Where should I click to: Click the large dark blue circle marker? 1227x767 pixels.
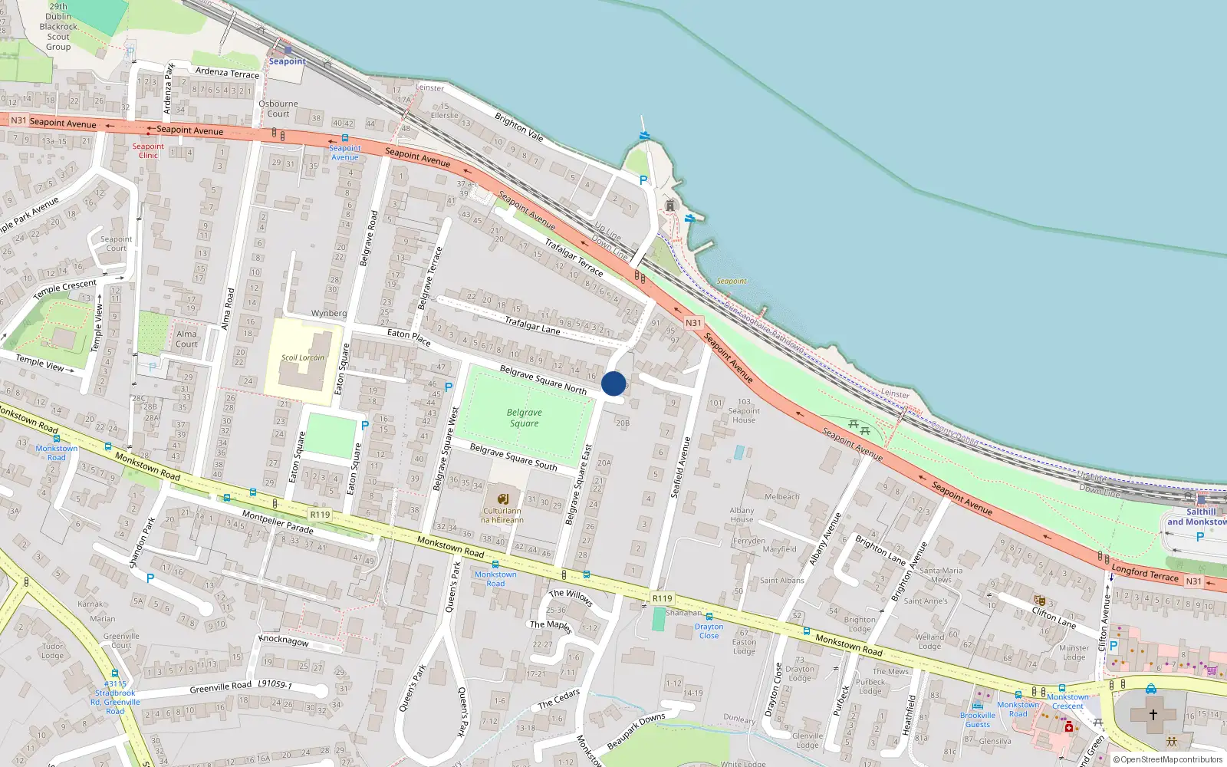pyautogui.click(x=613, y=383)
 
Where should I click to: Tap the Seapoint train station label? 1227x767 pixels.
pyautogui.click(x=287, y=61)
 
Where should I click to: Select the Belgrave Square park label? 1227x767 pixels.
pyautogui.click(x=524, y=418)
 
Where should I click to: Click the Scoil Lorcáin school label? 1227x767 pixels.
pyautogui.click(x=302, y=357)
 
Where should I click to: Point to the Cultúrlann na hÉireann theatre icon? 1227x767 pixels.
pyautogui.click(x=503, y=499)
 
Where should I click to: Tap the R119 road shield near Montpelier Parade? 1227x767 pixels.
pyautogui.click(x=320, y=515)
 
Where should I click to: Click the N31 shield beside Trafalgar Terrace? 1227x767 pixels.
pyautogui.click(x=693, y=323)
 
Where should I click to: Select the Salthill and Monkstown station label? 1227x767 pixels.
pyautogui.click(x=1198, y=517)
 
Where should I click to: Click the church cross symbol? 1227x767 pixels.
pyautogui.click(x=1153, y=714)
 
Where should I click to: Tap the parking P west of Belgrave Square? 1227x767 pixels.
pyautogui.click(x=449, y=387)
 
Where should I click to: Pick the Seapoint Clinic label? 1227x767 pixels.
pyautogui.click(x=148, y=150)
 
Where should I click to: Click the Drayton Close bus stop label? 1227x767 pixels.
pyautogui.click(x=709, y=631)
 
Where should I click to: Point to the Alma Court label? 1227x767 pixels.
pyautogui.click(x=186, y=339)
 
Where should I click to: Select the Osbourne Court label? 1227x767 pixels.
pyautogui.click(x=278, y=108)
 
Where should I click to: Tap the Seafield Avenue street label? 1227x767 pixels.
pyautogui.click(x=681, y=468)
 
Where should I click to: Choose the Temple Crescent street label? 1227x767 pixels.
pyautogui.click(x=65, y=290)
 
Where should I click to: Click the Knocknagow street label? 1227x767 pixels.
pyautogui.click(x=284, y=640)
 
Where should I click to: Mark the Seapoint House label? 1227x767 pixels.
pyautogui.click(x=744, y=415)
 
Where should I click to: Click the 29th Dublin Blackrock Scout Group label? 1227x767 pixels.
pyautogui.click(x=58, y=27)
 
